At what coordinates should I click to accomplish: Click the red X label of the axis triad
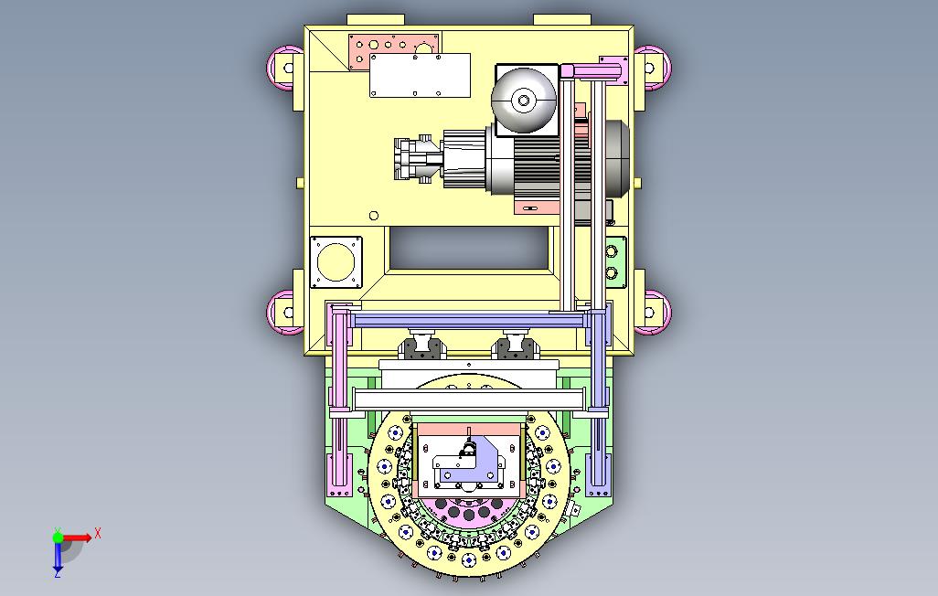98,533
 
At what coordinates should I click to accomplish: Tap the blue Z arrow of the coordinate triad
58,557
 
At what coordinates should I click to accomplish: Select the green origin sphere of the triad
58,537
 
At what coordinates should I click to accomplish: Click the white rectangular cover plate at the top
420,75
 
